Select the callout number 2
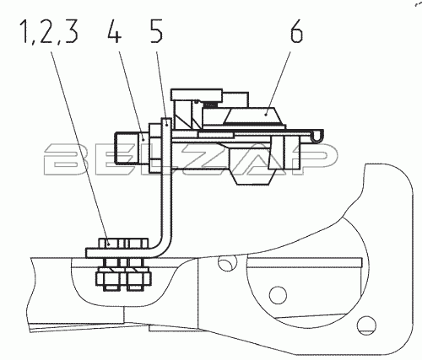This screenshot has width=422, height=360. pyautogui.click(x=47, y=31)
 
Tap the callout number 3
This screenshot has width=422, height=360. pyautogui.click(x=71, y=31)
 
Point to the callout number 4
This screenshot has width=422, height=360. pyautogui.click(x=114, y=31)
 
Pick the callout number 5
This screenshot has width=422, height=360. pyautogui.click(x=156, y=31)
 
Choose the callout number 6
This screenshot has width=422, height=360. pyautogui.click(x=296, y=31)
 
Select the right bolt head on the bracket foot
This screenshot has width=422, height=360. pyautogui.click(x=136, y=244)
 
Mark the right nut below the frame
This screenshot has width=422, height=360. pyautogui.click(x=137, y=278)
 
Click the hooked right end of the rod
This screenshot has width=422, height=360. pyautogui.click(x=317, y=135)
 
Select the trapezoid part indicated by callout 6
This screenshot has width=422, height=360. pyautogui.click(x=252, y=116)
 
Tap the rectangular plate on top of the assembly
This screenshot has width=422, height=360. pyautogui.click(x=197, y=94)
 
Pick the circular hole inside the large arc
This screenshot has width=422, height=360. pyautogui.click(x=278, y=295)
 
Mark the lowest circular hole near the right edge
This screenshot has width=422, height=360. pyautogui.click(x=366, y=325)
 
